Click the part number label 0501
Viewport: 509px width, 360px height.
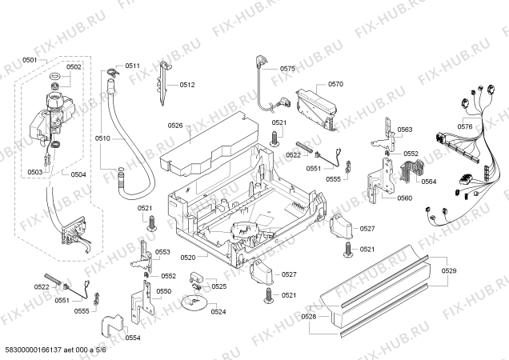coord(30,60)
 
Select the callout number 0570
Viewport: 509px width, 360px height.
coord(335,85)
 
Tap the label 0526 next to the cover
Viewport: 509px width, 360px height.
coord(175,126)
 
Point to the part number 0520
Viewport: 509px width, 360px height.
coord(188,258)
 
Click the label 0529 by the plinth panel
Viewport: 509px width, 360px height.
coord(449,270)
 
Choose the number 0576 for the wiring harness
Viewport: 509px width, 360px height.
coord(465,126)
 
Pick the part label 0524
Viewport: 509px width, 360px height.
coord(218,312)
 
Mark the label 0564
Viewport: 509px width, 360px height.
coord(428,182)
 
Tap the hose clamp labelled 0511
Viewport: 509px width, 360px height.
coord(112,71)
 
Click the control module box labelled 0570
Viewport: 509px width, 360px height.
coord(315,110)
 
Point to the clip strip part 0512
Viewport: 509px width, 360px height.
coord(164,83)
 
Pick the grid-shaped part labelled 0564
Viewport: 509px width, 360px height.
coord(412,171)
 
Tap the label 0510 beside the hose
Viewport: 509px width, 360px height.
coord(102,138)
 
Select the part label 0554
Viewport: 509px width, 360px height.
coord(133,338)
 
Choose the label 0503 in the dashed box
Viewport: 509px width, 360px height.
coord(34,172)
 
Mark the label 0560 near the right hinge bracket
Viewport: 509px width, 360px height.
coord(404,198)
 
